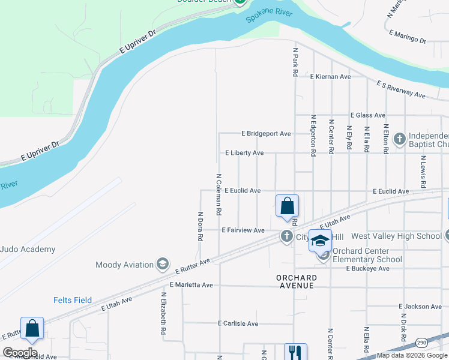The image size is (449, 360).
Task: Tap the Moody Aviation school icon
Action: click(x=162, y=264)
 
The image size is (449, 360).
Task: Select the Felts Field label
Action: click(x=73, y=300)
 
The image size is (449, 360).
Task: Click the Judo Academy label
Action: click(x=28, y=249)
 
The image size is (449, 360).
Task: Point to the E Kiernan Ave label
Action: click(x=330, y=77)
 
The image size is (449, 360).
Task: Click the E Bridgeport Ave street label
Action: click(x=266, y=133)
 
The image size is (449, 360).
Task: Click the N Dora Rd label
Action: click(x=200, y=225)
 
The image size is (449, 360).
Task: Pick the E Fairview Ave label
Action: click(x=243, y=230)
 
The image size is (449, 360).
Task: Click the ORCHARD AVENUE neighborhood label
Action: click(x=296, y=281)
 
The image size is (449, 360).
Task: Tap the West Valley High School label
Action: click(x=396, y=236)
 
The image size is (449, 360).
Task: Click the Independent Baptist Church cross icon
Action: click(x=400, y=139)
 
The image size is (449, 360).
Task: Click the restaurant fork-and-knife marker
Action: click(x=295, y=352)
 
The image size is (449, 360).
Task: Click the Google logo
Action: click(x=19, y=353)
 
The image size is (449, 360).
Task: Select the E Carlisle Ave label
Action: click(x=238, y=323)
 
